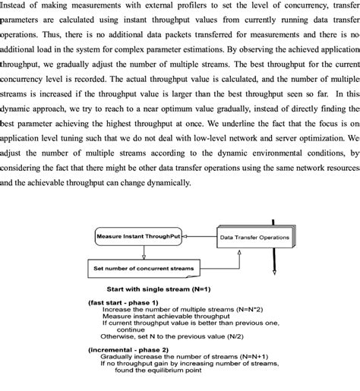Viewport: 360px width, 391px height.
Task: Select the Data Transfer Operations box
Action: point(254,238)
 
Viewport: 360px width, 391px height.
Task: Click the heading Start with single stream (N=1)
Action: point(159,289)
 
